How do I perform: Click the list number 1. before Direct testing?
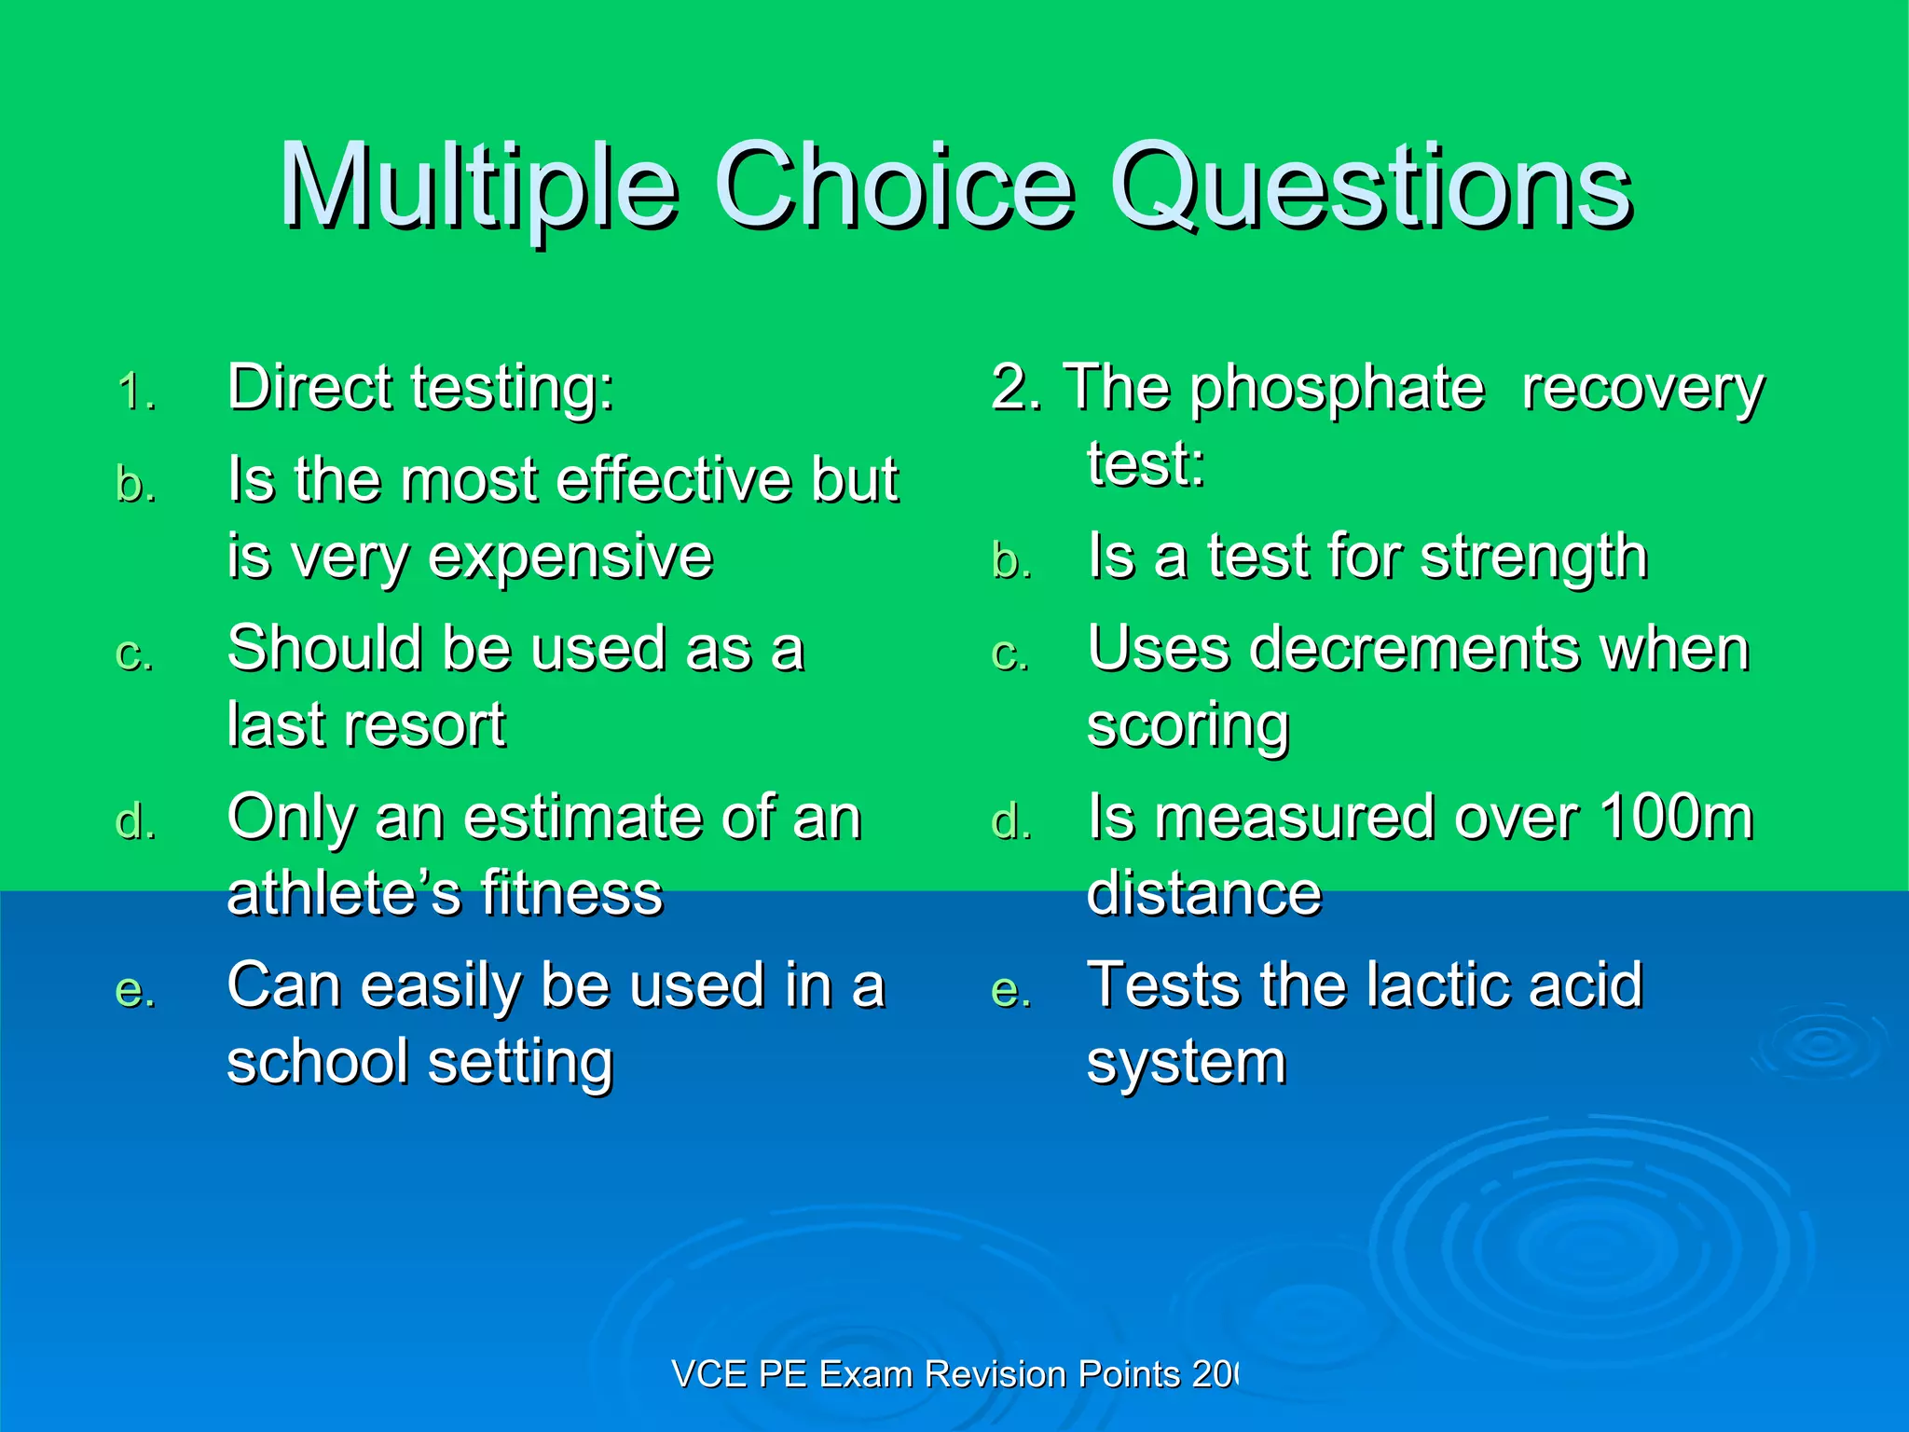pyautogui.click(x=136, y=392)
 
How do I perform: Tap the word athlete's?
pyautogui.click(x=344, y=893)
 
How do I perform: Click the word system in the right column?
pyautogui.click(x=1186, y=1063)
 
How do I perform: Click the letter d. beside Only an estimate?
pyautogui.click(x=136, y=822)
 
